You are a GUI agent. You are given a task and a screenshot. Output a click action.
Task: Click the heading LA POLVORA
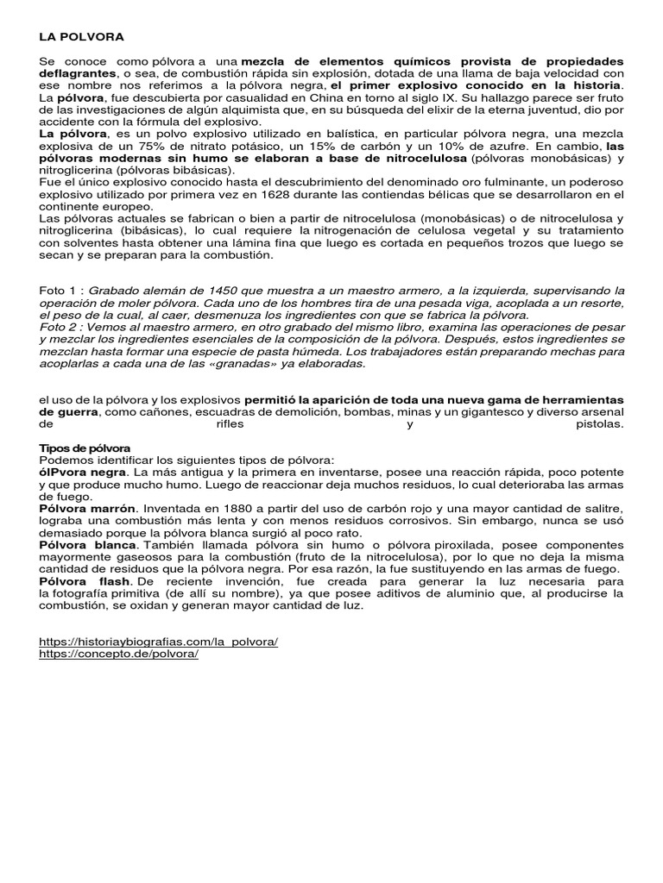(82, 38)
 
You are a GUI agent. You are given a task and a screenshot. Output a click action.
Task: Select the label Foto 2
(59, 328)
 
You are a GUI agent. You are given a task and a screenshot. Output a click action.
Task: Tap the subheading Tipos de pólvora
(85, 448)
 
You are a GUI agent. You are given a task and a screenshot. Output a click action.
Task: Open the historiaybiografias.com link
(159, 642)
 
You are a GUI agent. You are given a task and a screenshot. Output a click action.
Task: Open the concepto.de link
(119, 654)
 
